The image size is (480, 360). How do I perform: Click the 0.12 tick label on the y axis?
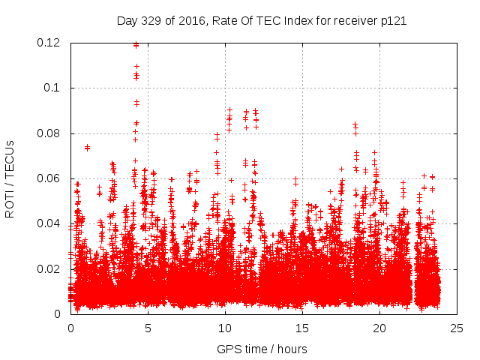pos(49,43)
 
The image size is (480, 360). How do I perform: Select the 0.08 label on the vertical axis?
pos(49,133)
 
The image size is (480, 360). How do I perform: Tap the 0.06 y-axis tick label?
pos(49,178)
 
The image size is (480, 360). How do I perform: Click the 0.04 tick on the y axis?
pos(49,223)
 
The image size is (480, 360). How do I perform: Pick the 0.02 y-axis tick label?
pos(49,269)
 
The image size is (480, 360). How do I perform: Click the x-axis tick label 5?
pos(148,328)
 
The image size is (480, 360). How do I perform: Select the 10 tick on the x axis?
pos(225,328)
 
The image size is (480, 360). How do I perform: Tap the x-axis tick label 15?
pos(302,328)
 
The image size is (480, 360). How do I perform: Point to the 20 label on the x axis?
pos(379,328)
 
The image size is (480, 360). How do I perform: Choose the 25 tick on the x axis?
pos(457,328)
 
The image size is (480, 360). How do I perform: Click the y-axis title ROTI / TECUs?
pos(10,178)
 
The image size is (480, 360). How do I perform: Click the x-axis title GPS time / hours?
pos(262,349)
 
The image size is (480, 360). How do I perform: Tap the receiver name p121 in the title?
pos(393,21)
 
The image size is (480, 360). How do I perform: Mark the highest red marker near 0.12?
pos(136,44)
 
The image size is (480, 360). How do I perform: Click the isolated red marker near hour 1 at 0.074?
pos(87,147)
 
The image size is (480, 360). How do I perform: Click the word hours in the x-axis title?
pos(291,349)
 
